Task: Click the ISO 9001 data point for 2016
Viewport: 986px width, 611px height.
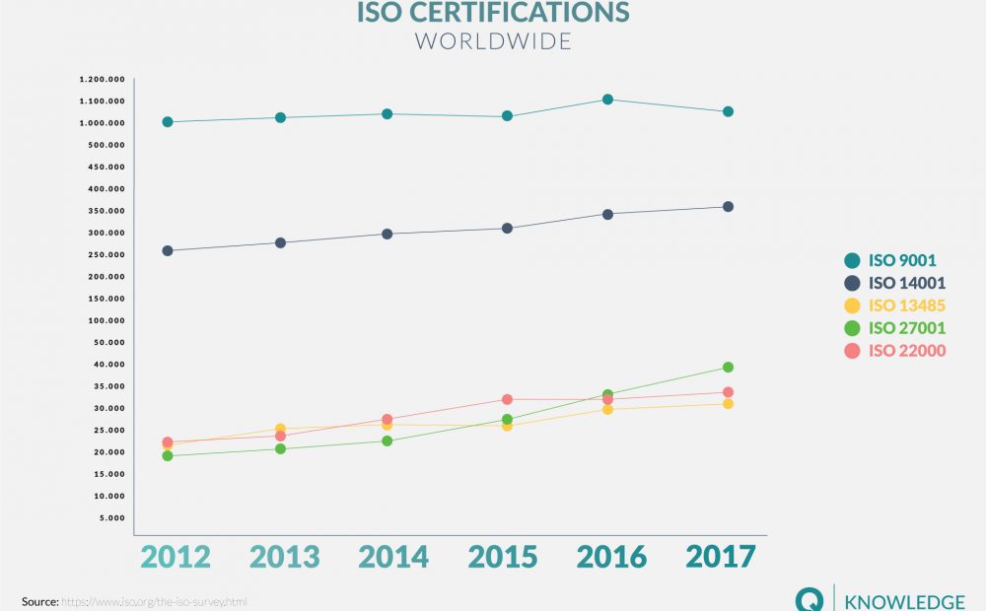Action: [x=607, y=100]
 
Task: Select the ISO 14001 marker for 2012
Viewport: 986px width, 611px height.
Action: [x=168, y=250]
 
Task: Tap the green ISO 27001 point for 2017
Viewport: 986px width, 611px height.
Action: [x=728, y=368]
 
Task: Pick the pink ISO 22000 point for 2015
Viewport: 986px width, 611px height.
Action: [x=507, y=399]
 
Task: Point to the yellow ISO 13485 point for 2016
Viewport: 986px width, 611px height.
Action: [x=607, y=409]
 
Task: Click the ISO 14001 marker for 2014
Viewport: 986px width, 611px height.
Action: [x=387, y=234]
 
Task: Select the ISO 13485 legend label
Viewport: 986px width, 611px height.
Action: [x=906, y=305]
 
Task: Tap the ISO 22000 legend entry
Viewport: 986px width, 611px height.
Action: [x=906, y=351]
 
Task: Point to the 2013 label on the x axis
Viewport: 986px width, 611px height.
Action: [x=285, y=557]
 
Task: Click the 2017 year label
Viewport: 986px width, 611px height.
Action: [x=721, y=557]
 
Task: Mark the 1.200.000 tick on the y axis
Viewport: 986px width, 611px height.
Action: [x=103, y=79]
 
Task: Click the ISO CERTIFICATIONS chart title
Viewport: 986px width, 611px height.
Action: [x=493, y=13]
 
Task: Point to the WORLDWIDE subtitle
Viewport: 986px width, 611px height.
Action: [x=493, y=42]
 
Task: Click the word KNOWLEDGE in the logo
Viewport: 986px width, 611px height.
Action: [x=906, y=601]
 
